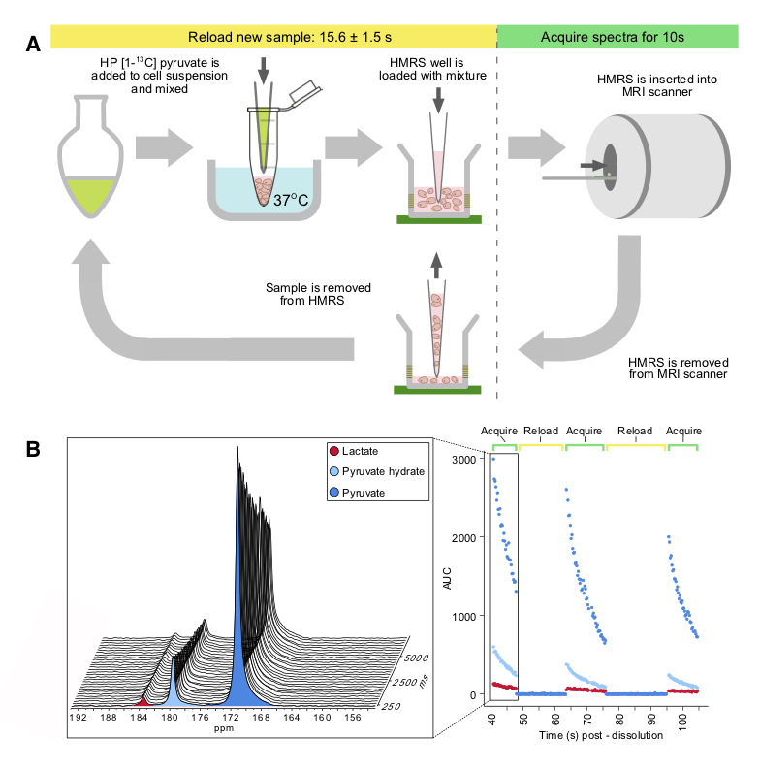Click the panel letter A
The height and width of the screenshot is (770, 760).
coord(34,42)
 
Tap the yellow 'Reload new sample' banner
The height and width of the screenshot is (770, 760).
coord(272,37)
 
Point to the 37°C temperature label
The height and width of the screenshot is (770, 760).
coord(288,200)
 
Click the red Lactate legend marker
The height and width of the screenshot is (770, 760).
coord(335,452)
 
